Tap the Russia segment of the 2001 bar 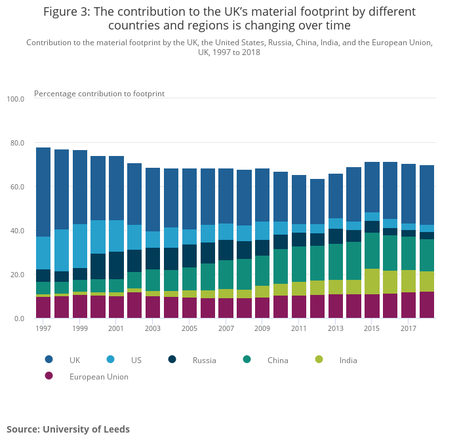[x=117, y=265]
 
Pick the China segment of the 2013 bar [x=336, y=262]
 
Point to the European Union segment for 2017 [x=409, y=305]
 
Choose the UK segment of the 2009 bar [x=262, y=195]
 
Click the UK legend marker [x=49, y=359]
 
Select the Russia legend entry [x=203, y=360]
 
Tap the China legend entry [x=278, y=360]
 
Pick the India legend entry [x=348, y=360]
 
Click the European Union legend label [x=98, y=377]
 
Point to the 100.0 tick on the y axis [x=15, y=99]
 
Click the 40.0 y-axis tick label [x=16, y=231]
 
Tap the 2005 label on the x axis [x=190, y=328]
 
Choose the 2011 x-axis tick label [x=299, y=328]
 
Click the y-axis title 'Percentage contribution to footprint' [x=99, y=94]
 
